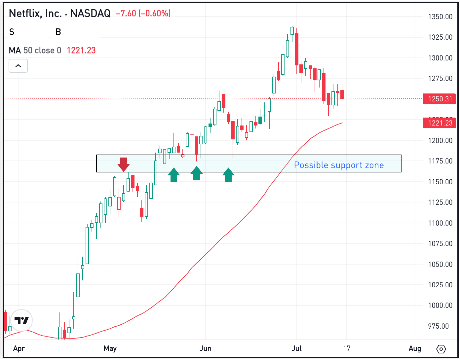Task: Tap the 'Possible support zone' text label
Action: (339, 165)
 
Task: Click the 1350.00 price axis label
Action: (440, 17)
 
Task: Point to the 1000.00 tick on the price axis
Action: (440, 305)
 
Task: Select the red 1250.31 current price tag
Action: (440, 99)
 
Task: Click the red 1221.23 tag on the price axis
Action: (440, 123)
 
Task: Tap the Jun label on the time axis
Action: (206, 348)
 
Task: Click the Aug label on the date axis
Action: (415, 348)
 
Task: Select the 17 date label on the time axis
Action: (347, 348)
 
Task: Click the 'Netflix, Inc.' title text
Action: (35, 13)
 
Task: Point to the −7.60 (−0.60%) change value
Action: (143, 13)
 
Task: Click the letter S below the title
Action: (12, 32)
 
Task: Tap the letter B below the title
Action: (58, 32)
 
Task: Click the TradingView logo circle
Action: (22, 320)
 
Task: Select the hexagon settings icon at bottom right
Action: (441, 349)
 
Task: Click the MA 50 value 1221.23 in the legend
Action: (81, 51)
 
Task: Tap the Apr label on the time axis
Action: (19, 348)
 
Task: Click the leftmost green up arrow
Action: (174, 175)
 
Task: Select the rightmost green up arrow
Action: (228, 175)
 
